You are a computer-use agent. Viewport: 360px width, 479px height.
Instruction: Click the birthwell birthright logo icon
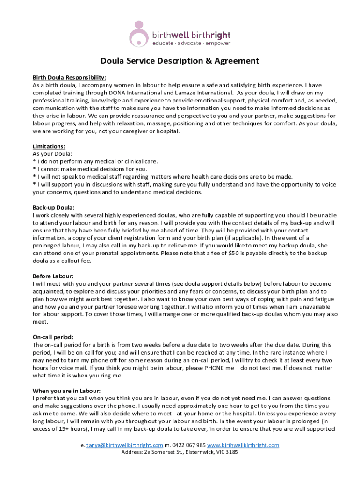coord(139,34)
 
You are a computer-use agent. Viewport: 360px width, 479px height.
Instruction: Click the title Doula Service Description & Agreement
coord(180,61)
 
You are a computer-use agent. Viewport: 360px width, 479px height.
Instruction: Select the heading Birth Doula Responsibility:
coord(69,77)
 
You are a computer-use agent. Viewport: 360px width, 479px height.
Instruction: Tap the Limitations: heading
coord(49,146)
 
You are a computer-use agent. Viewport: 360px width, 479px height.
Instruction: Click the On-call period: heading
coord(53,337)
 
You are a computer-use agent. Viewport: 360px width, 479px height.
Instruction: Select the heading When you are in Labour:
coord(66,391)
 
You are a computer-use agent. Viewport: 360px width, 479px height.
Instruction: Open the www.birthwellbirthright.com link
coord(243,445)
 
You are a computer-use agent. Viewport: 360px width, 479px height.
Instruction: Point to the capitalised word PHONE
coord(202,368)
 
